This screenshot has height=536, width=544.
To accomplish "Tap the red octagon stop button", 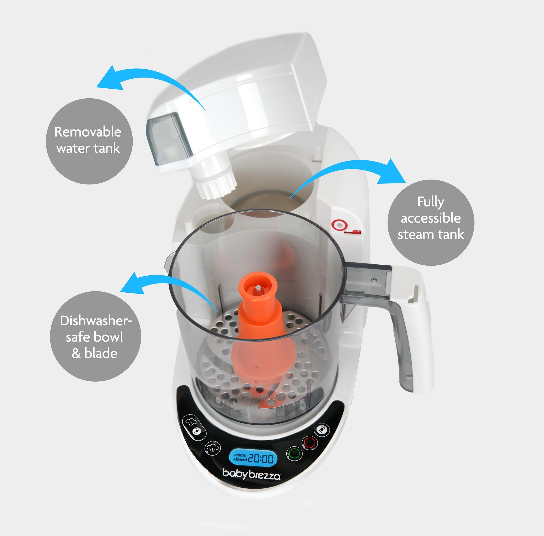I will [x=310, y=443].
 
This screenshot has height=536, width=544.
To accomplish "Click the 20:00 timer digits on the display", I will [x=261, y=459].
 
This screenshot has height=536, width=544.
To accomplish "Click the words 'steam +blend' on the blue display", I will [x=240, y=457].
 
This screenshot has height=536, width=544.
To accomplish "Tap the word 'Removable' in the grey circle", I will [x=88, y=132].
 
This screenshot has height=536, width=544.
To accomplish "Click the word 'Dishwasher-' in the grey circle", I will [x=96, y=321].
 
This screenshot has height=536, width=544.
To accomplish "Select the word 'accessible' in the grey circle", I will [x=431, y=218].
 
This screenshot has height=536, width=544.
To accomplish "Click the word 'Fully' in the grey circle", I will [x=431, y=202].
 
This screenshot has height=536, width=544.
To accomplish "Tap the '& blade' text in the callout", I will [x=95, y=353].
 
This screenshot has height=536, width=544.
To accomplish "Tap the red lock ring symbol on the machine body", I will [x=338, y=225].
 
